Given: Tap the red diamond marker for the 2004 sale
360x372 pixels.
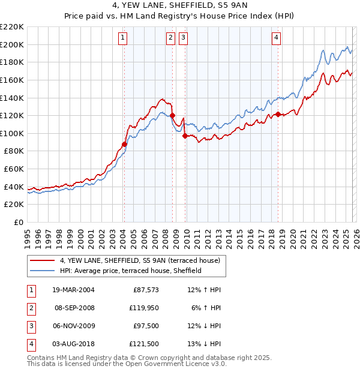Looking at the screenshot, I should coord(124,144).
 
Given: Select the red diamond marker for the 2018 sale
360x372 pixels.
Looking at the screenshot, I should coord(278,114).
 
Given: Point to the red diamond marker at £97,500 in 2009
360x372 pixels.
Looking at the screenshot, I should coord(185,136).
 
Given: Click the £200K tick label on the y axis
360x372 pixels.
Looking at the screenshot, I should coord(12,44).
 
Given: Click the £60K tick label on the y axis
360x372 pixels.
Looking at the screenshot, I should coord(14,169).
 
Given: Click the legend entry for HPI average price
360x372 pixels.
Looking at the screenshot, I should coord(130,271).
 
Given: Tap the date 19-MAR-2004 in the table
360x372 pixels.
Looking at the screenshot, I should coord(73,290).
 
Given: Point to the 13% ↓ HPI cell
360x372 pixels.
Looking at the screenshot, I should coord(204,344).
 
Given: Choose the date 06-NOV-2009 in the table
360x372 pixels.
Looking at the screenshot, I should coord(73,326).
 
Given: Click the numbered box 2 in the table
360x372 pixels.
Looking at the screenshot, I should coord(31,308).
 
